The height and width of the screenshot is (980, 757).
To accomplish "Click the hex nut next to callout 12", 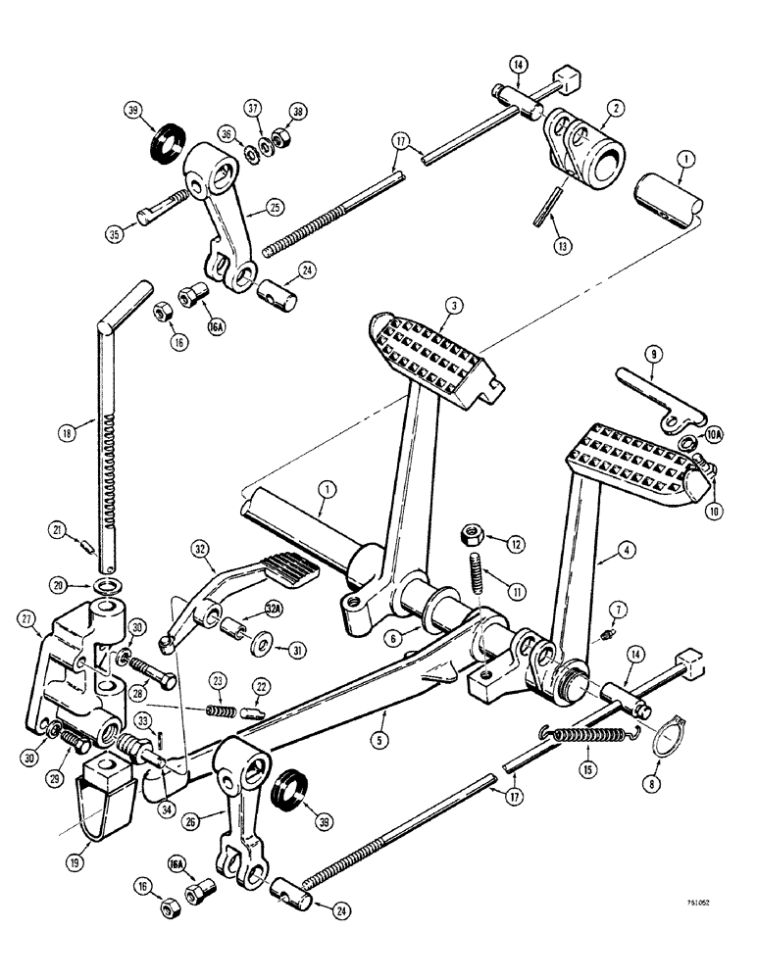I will [x=469, y=535].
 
